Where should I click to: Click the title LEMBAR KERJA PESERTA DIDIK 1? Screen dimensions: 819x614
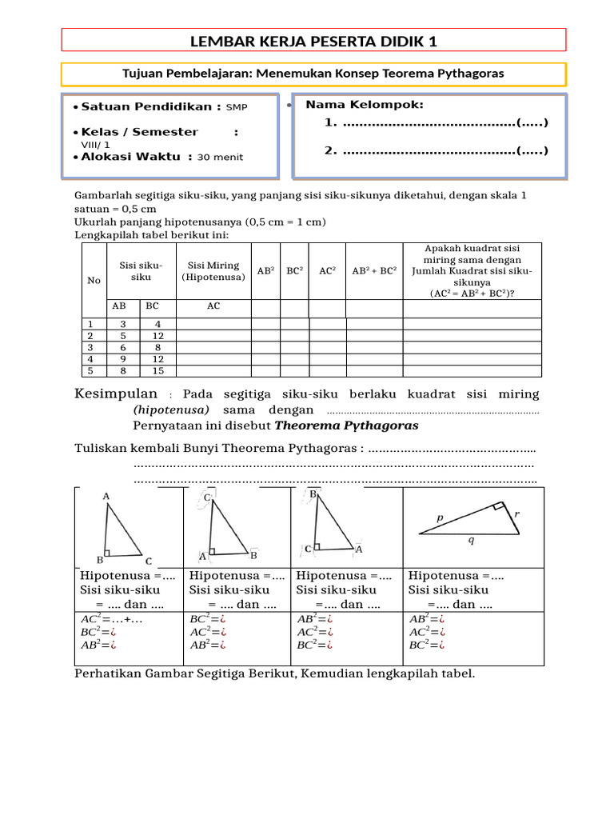313,41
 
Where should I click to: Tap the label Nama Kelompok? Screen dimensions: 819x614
365,105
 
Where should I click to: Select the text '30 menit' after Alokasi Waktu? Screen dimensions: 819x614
220,158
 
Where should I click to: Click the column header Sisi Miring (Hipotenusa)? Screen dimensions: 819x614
213,271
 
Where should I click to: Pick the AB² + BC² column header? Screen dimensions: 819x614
374,271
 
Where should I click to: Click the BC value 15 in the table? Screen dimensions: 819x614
157,370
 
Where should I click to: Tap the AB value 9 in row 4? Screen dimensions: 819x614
122,359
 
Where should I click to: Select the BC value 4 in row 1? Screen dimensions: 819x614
157,324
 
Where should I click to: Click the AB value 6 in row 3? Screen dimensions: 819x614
122,347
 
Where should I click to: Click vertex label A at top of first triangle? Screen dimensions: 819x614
106,497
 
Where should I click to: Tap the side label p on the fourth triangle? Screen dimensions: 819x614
440,518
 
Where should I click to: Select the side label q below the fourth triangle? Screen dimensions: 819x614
470,541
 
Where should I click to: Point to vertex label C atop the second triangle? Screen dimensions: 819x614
207,497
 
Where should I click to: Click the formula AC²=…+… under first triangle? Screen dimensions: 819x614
112,618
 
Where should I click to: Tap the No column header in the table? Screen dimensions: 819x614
94,281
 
